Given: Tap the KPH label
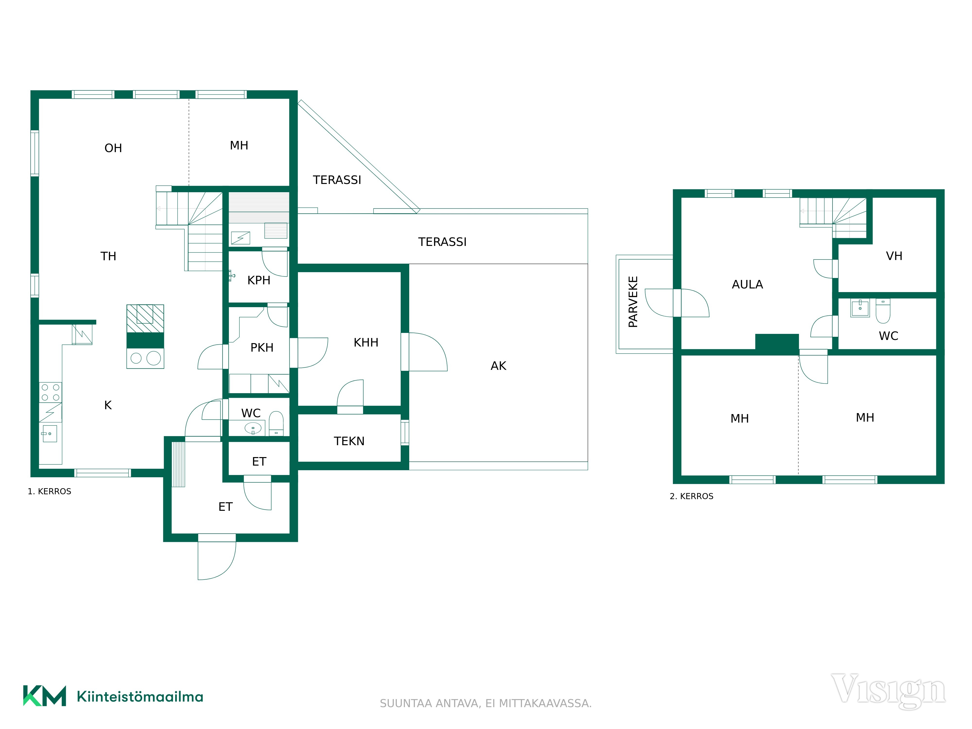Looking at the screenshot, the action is (259, 280).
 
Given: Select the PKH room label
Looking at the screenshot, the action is (262, 347).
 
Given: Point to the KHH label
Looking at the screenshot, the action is (366, 342).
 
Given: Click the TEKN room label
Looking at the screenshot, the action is (349, 441).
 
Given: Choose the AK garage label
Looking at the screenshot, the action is (498, 366).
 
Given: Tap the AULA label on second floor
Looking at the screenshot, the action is (747, 284).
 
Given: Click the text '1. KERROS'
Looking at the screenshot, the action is (49, 491).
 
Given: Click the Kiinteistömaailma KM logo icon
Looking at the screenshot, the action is (44, 696).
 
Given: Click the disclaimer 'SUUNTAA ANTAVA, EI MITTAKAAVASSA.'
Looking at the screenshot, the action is (486, 703).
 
